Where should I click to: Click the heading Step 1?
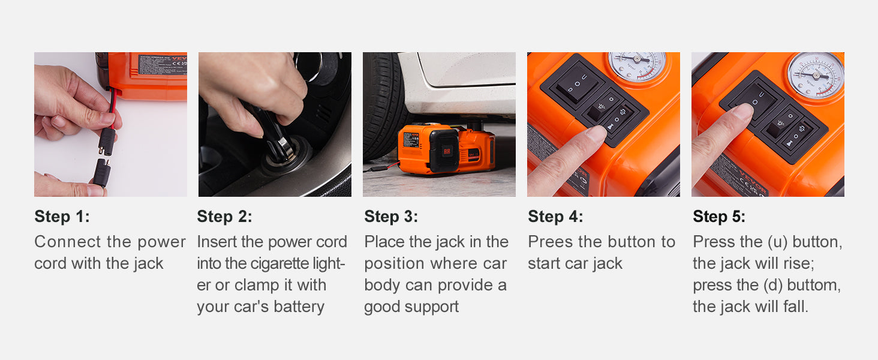coord(62,217)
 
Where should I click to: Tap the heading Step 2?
coord(224,217)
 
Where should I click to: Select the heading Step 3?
coord(391,217)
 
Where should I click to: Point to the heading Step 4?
coord(555,217)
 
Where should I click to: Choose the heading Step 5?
coord(719,217)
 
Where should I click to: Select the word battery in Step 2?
coord(299,307)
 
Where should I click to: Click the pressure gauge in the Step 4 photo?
coord(637,65)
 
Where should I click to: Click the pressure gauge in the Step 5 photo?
coord(816,75)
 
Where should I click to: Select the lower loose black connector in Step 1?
coord(101,172)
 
